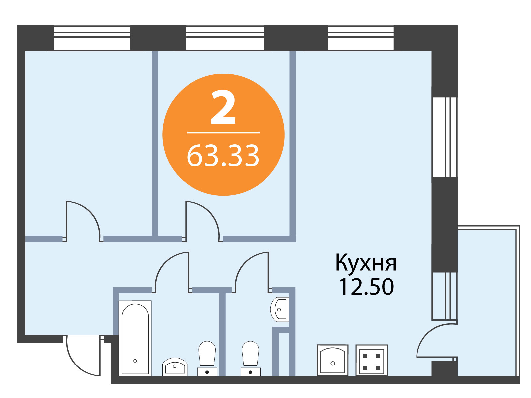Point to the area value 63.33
pyautogui.click(x=223, y=155)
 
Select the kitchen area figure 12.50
pyautogui.click(x=366, y=287)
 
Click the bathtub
pyautogui.click(x=135, y=338)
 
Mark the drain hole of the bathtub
pyautogui.click(x=135, y=361)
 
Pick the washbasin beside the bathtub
pyautogui.click(x=175, y=367)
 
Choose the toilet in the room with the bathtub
pyautogui.click(x=207, y=359)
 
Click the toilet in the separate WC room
pyautogui.click(x=250, y=359)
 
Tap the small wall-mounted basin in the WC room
pyautogui.click(x=280, y=309)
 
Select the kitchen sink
pyautogui.click(x=333, y=360)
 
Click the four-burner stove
pyautogui.click(x=372, y=360)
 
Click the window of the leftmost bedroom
pyautogui.click(x=92, y=38)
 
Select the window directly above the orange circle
pyautogui.click(x=225, y=38)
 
